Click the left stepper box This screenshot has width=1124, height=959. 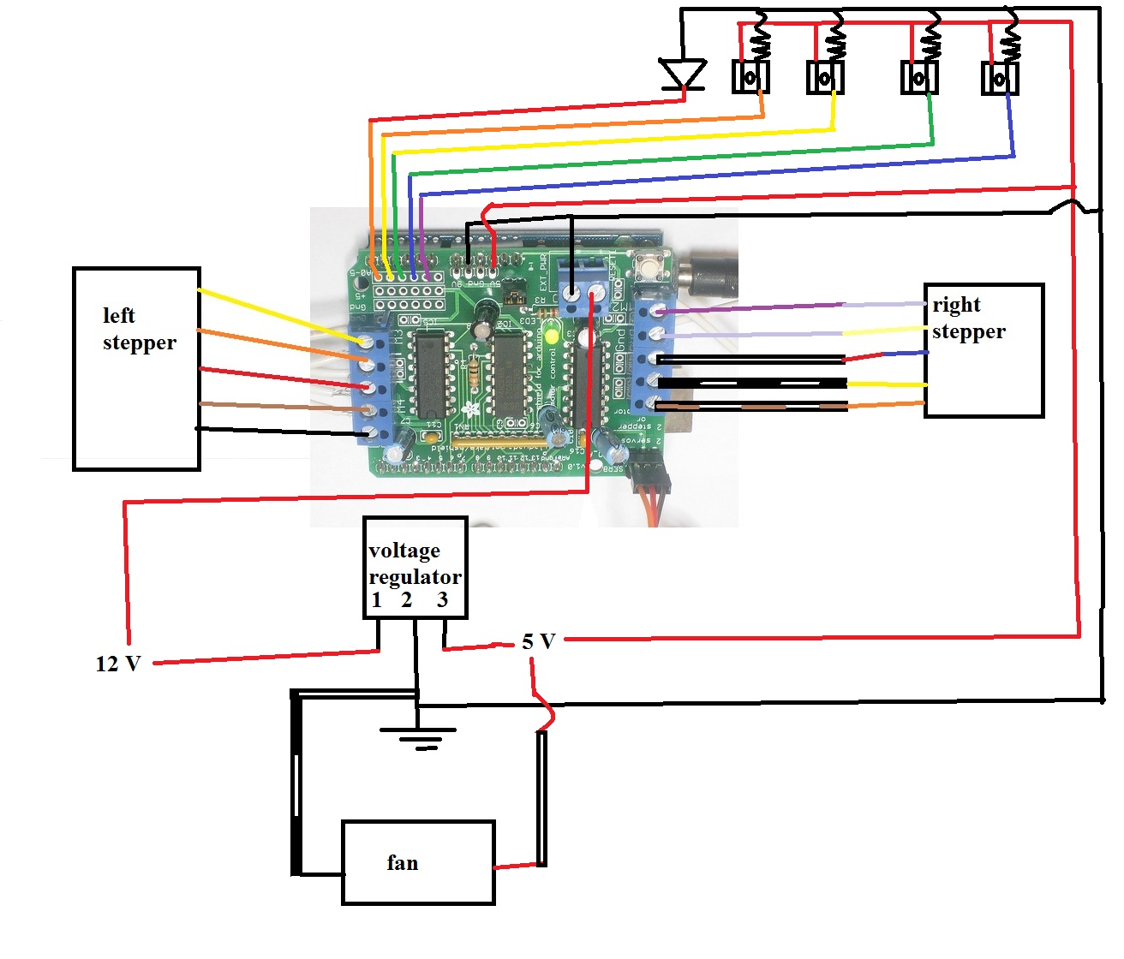coord(136,369)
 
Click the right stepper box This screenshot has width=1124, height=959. coord(983,350)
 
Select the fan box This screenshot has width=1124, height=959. coord(418,862)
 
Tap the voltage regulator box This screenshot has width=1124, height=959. coord(416,567)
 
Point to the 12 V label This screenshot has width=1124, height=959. coord(117,664)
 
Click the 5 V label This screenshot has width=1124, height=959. coord(539,641)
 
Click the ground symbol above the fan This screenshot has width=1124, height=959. coord(417,736)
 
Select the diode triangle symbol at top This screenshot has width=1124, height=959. coord(683,74)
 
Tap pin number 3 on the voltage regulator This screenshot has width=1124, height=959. coord(442,600)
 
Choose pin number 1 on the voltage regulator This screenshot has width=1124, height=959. coord(377,600)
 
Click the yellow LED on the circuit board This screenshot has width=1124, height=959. coord(551,335)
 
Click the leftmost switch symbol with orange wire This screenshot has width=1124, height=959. coord(750,78)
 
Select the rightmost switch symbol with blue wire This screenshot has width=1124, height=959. coord(999,79)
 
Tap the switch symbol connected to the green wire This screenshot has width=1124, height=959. coord(918,79)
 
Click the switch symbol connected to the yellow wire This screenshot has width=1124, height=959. coord(825,79)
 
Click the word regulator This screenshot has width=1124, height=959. coord(415,577)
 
